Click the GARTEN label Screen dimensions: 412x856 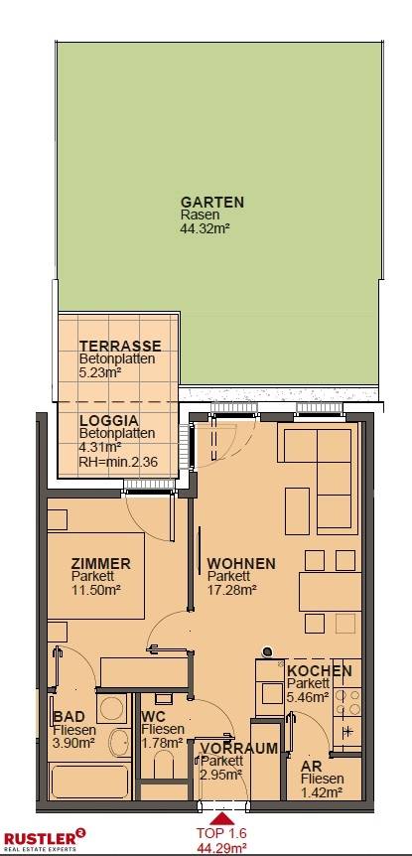tap(212, 202)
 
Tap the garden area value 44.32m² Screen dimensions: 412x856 tap(205, 228)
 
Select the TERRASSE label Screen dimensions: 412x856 tap(120, 347)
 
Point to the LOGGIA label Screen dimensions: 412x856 tap(108, 421)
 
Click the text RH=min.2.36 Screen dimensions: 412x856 tap(118, 462)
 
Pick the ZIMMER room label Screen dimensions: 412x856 tap(101, 563)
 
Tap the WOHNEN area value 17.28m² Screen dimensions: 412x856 tap(232, 589)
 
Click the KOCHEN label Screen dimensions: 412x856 tap(320, 671)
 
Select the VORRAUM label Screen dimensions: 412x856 tap(239, 749)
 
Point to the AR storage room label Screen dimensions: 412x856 tap(310, 767)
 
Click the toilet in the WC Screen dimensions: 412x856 tap(163, 766)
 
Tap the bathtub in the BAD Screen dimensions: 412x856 tap(89, 782)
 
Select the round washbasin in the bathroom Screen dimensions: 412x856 tap(118, 743)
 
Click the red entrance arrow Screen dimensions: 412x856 tap(222, 818)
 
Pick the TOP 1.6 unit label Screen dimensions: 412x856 tap(222, 833)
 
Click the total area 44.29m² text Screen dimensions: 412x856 tap(222, 848)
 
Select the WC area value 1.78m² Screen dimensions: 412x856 tap(162, 742)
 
